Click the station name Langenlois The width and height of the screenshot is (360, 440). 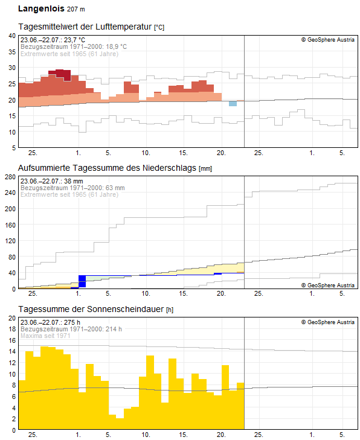coord(41,8)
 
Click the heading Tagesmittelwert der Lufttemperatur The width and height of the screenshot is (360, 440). coord(85,27)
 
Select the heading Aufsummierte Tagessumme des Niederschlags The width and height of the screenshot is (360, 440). coord(107,168)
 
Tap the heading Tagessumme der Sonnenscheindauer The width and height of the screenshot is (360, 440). coord(91,309)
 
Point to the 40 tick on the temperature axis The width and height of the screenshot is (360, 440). coord(12,36)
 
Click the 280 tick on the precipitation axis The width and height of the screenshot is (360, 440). coord(10,177)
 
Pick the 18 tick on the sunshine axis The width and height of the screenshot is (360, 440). coord(12,329)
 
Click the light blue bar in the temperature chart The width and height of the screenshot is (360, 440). coord(233,104)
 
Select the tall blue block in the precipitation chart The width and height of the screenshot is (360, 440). coord(82,281)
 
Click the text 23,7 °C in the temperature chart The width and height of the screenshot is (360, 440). coord(74,40)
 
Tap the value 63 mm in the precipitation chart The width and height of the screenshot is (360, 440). coord(116,188)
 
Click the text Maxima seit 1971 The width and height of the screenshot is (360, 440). coord(45,336)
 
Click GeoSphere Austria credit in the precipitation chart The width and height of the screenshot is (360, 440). coord(328,285)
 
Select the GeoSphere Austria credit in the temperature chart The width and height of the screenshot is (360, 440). coord(328,40)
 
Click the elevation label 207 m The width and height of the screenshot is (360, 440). coord(76,9)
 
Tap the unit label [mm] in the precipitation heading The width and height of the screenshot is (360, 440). coord(205,168)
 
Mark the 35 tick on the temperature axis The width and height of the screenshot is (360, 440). coord(12,52)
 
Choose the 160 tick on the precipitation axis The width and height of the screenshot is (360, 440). coord(10,225)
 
